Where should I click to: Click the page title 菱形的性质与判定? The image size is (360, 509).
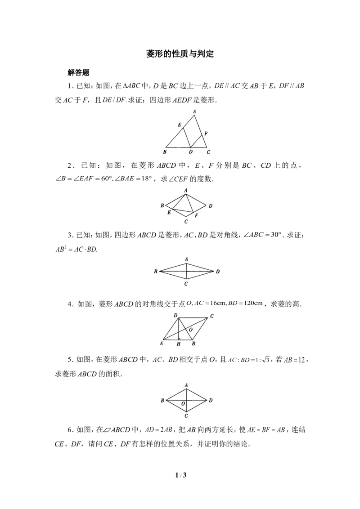(180, 54)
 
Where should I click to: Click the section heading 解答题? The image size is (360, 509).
(78, 72)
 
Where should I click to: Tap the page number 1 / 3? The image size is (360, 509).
(180, 475)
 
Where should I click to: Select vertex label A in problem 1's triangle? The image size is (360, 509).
(194, 112)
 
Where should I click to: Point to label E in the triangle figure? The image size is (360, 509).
(180, 125)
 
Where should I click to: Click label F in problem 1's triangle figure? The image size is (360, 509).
(206, 134)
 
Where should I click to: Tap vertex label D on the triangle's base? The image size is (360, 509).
(191, 152)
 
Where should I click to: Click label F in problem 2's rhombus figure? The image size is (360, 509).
(196, 215)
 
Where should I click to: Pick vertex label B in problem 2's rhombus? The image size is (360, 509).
(162, 205)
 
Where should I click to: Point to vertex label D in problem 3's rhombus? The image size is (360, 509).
(218, 272)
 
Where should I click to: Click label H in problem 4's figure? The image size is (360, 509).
(178, 344)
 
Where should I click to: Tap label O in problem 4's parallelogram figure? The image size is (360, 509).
(191, 330)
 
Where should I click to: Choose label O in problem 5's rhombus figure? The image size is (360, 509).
(183, 403)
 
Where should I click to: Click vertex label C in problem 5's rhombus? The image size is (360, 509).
(186, 416)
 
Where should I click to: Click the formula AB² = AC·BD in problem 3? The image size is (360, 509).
(76, 249)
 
